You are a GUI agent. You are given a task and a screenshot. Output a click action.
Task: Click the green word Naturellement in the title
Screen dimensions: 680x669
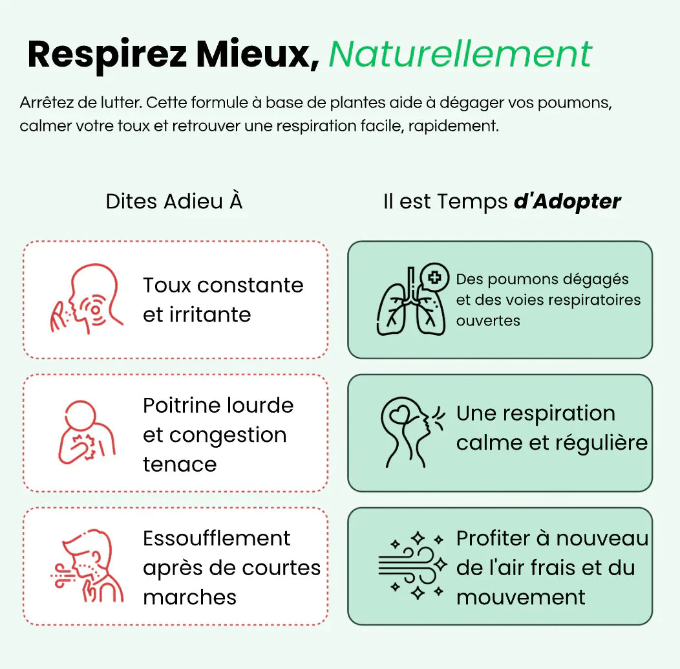460,54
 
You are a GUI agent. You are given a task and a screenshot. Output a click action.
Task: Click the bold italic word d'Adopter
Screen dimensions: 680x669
567,201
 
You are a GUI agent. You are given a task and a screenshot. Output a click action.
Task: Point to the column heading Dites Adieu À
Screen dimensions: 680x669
174,201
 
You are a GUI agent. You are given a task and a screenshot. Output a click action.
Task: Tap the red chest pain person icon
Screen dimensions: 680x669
87,432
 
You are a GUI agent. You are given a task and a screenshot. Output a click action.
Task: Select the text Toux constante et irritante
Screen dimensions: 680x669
223,300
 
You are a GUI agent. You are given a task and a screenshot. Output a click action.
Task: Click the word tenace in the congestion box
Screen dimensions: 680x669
180,464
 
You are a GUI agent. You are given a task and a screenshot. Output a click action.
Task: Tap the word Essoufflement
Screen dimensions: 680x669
217,538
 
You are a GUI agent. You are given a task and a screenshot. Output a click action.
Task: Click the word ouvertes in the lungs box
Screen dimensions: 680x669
487,321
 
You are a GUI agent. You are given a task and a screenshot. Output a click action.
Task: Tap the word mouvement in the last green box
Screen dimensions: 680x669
520,597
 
